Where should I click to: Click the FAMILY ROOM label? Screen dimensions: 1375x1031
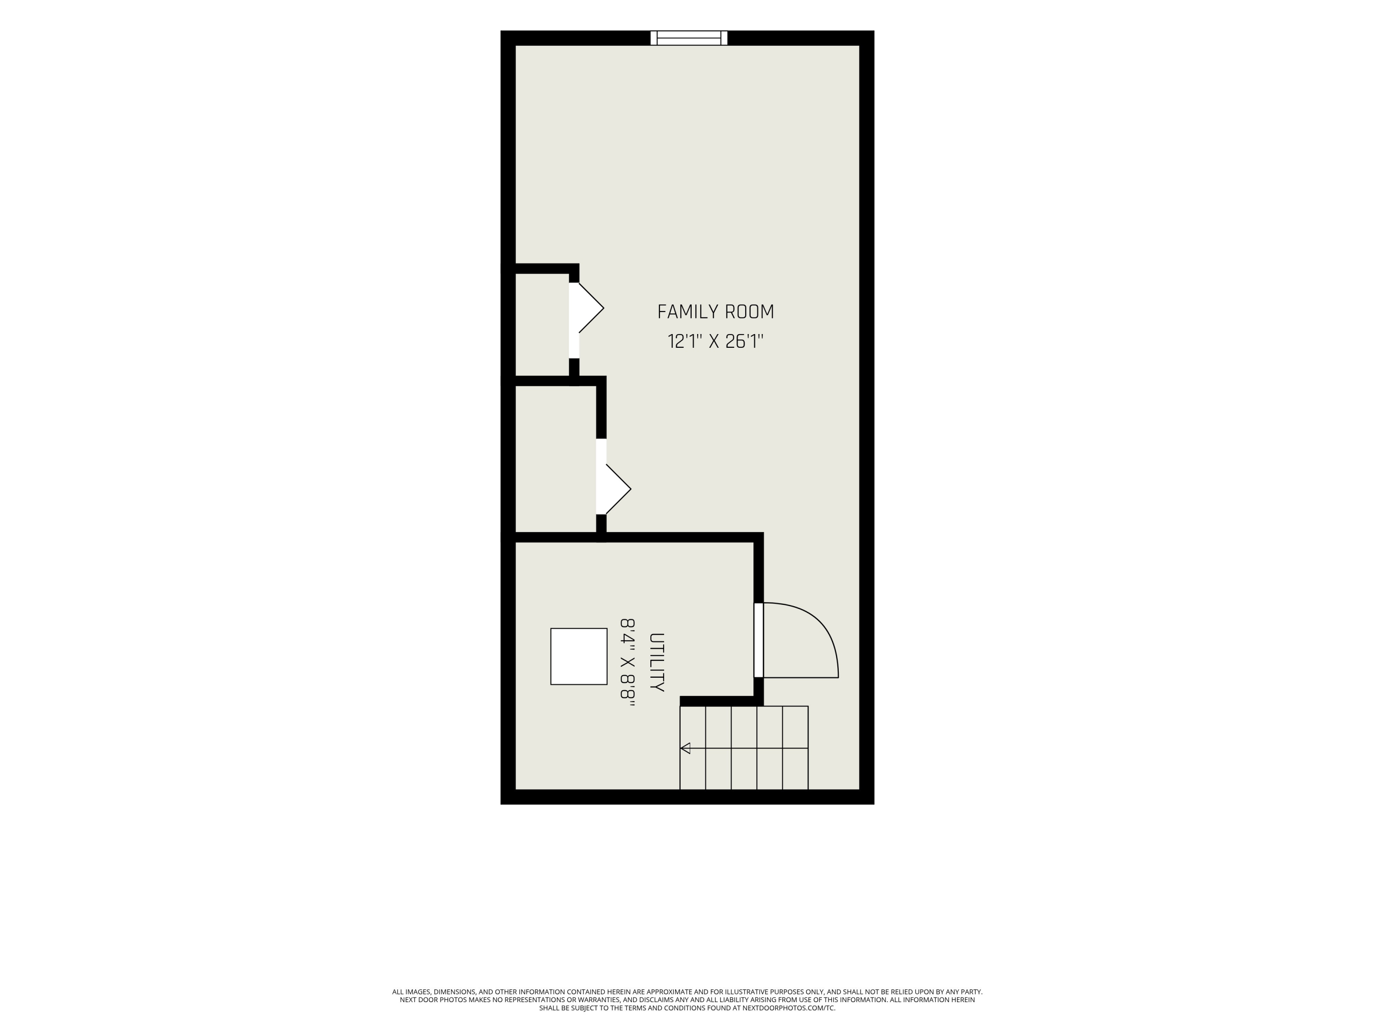715,312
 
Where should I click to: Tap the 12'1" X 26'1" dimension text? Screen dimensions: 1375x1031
715,341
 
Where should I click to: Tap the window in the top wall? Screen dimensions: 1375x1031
689,38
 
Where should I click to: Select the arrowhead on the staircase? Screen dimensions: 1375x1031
685,748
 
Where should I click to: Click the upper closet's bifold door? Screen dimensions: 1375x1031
586,308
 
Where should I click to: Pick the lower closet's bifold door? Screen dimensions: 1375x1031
614,489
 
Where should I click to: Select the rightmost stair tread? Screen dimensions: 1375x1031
795,748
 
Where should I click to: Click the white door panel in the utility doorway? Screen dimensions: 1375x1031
759,640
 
